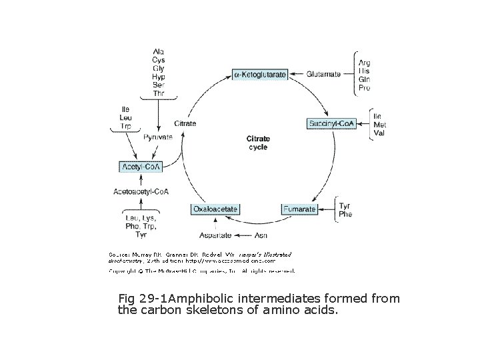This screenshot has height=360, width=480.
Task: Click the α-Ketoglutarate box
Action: tap(260, 75)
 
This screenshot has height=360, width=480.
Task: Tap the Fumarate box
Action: tap(299, 209)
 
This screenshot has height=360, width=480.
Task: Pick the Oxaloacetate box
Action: tap(215, 209)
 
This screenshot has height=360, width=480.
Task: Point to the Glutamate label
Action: tap(324, 75)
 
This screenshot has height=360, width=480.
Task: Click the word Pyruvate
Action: tap(158, 137)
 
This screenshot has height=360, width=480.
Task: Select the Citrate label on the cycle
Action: tap(185, 123)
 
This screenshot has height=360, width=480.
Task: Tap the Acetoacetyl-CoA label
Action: tap(141, 192)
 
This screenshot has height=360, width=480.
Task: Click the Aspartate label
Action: tap(215, 235)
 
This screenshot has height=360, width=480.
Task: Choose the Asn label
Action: tap(262, 235)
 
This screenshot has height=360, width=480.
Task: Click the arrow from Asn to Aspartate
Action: tap(243, 235)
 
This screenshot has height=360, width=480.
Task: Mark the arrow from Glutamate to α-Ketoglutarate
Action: tap(297, 75)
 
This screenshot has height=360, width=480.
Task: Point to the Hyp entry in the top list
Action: tap(159, 77)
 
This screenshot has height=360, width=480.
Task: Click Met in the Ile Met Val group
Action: tap(379, 125)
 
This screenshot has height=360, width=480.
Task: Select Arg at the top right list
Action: tap(365, 63)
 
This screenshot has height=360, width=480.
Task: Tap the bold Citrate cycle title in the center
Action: tap(258, 143)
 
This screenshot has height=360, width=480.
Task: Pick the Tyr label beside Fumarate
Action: tap(345, 205)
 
